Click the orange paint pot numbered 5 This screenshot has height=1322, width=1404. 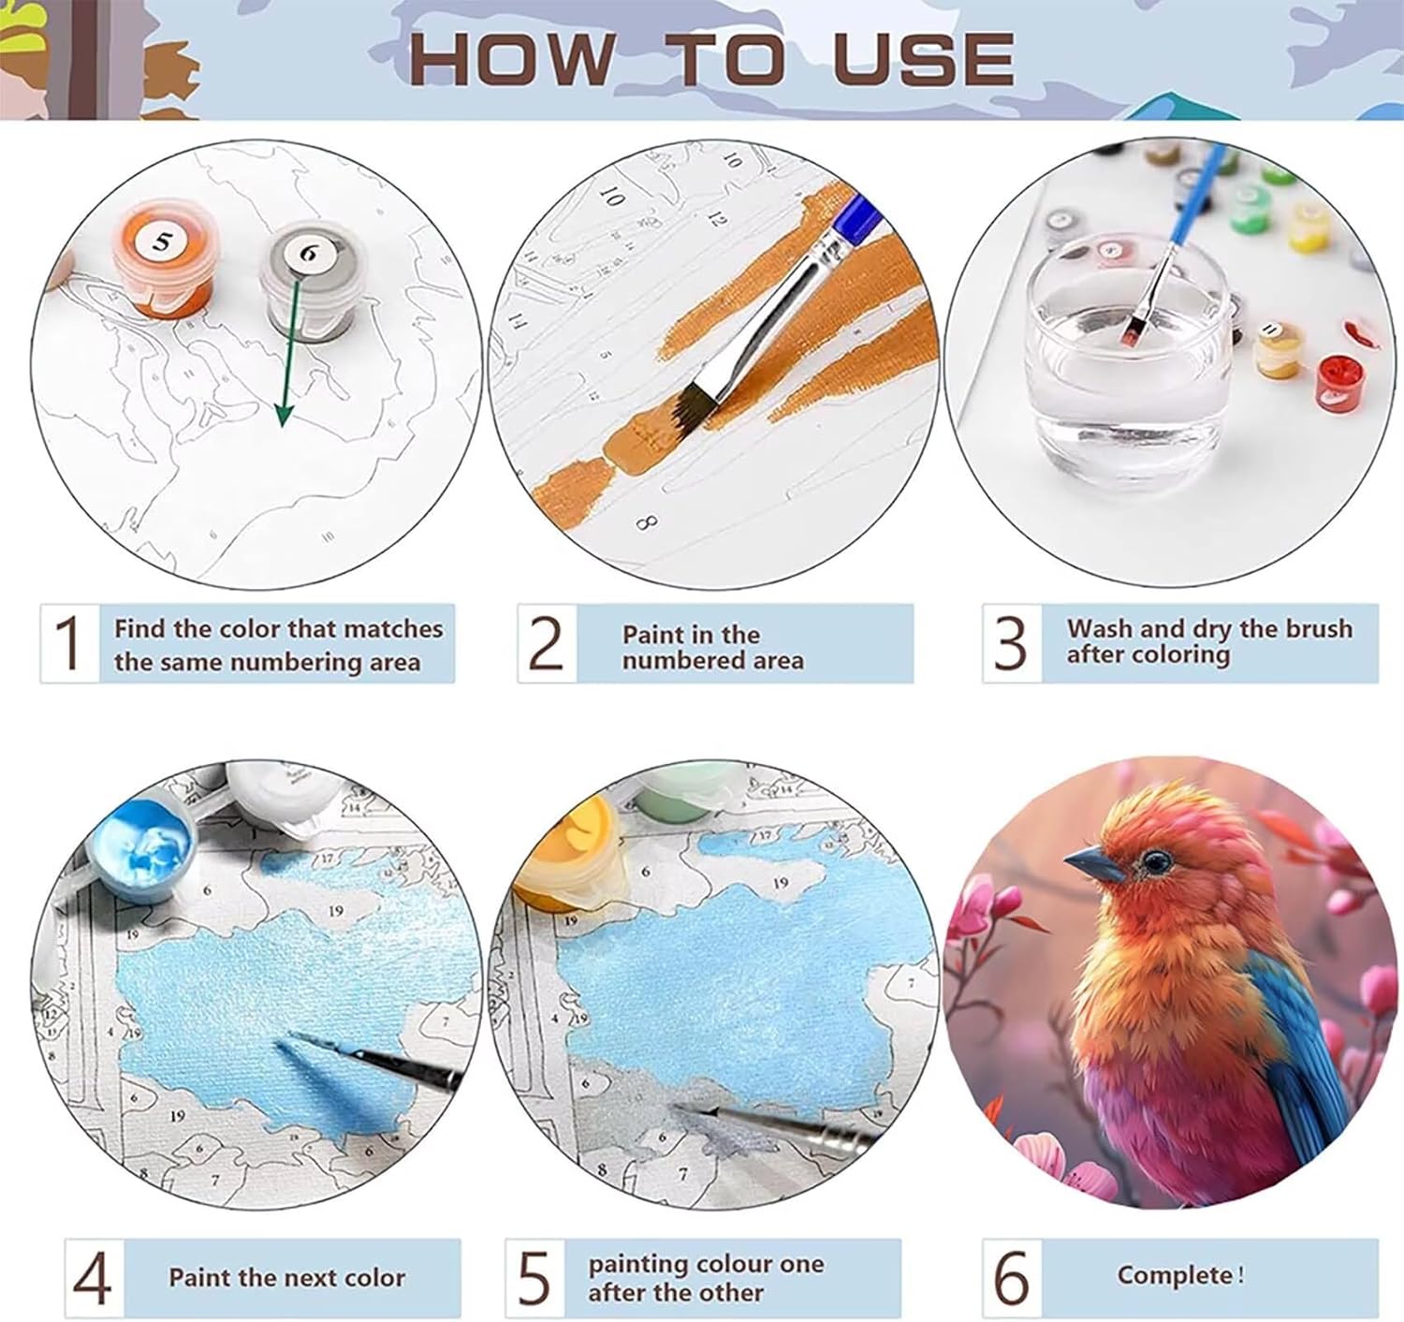[x=163, y=258]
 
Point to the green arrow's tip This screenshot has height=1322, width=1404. [x=283, y=426]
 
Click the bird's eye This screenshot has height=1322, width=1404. [x=1157, y=860]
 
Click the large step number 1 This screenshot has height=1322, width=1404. [x=67, y=642]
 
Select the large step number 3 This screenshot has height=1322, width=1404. [x=1010, y=643]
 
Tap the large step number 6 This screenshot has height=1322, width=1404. [x=1012, y=1277]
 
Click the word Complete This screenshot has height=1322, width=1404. [x=1176, y=1275]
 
